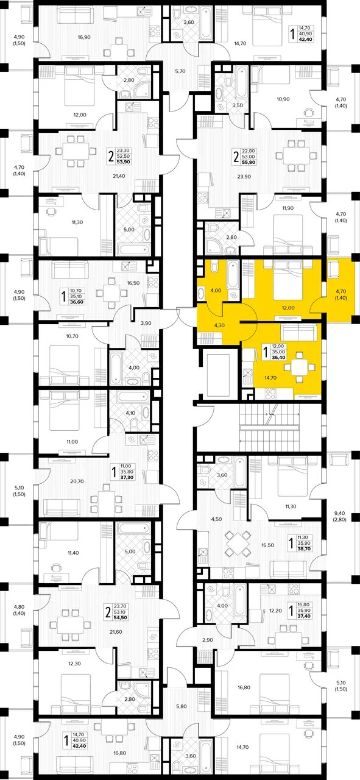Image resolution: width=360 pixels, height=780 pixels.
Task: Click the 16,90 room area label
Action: click(x=84, y=37)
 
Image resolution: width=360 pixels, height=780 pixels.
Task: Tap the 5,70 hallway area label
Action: click(x=180, y=71)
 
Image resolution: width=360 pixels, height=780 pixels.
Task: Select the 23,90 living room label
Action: click(x=244, y=177)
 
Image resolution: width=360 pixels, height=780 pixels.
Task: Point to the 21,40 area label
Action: click(x=119, y=176)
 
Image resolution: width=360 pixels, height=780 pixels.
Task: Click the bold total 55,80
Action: click(x=249, y=162)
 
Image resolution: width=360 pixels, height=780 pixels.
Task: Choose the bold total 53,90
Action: click(x=123, y=162)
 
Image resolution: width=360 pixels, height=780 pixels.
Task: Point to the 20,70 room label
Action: click(x=77, y=481)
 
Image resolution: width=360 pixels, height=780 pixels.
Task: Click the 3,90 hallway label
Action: click(x=146, y=323)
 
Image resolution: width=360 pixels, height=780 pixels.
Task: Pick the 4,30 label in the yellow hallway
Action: click(x=219, y=325)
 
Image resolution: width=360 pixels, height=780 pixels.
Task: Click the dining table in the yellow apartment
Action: click(x=300, y=367)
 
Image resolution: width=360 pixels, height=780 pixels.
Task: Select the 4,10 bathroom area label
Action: click(x=130, y=413)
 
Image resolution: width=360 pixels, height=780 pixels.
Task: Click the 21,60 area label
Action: click(x=116, y=632)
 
